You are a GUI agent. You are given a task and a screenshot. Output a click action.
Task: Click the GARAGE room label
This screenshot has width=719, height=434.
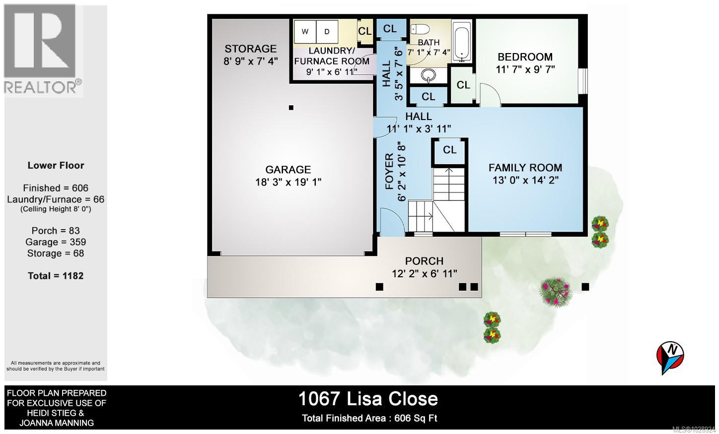coord(288,170)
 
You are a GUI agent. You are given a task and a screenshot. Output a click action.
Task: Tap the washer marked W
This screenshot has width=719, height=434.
coord(305,32)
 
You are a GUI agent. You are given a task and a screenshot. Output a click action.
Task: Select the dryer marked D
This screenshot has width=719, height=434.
coord(327,32)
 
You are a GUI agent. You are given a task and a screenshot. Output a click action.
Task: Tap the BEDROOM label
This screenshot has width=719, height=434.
coord(525,57)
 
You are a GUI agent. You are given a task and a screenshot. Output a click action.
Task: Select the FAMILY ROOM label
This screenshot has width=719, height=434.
coord(525,168)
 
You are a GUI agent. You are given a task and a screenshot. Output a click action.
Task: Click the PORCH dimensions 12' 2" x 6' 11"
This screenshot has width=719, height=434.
coord(424,273)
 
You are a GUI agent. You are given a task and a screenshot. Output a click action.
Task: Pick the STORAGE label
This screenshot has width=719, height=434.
coord(250,49)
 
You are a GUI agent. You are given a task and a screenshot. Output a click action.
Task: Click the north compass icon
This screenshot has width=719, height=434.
coord(670,356)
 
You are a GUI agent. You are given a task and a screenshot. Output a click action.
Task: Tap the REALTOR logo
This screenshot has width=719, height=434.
coord(43,50)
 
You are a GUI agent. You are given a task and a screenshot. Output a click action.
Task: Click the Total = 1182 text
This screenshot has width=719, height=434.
coord(56,276)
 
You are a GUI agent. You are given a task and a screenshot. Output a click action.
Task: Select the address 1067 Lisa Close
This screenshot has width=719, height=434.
coord(368,399)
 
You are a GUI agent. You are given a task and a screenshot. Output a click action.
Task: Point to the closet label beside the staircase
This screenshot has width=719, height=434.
coord(450,150)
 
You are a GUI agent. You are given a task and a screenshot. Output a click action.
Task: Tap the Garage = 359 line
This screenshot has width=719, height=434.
coord(56,242)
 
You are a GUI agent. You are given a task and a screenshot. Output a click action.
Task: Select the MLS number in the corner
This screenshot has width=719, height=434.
coord(693,430)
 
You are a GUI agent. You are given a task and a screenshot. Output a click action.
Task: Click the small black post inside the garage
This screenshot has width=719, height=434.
coord(291,108)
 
